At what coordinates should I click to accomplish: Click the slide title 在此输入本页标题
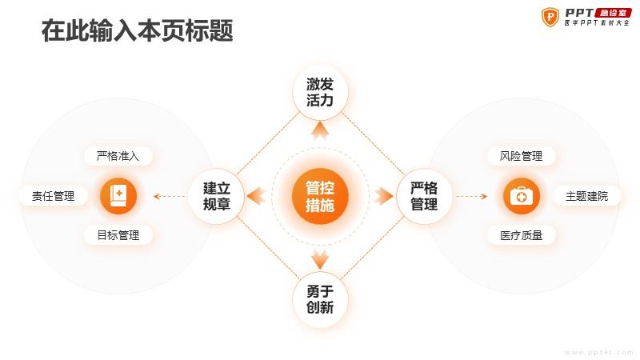(x=137, y=30)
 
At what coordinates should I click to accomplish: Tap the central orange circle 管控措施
(x=320, y=196)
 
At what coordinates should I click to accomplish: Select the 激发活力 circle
(x=320, y=92)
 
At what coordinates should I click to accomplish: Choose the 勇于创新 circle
(x=320, y=299)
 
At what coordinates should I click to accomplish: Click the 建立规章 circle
(x=216, y=196)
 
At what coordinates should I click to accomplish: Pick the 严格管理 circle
(x=424, y=196)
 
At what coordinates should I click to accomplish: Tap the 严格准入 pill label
(x=118, y=156)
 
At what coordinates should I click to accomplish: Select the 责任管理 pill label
(x=53, y=196)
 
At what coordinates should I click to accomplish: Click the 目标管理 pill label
(x=118, y=235)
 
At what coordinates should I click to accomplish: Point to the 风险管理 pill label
(x=522, y=156)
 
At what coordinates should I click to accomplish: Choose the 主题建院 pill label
(x=586, y=196)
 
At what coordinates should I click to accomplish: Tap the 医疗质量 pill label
(x=522, y=235)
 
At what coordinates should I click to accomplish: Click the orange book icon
(x=118, y=196)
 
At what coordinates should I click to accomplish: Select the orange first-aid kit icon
(x=522, y=196)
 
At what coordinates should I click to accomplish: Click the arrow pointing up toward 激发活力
(x=320, y=130)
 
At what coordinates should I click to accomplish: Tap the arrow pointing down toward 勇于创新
(x=320, y=259)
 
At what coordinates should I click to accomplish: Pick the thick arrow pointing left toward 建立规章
(x=257, y=196)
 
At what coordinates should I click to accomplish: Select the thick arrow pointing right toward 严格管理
(x=383, y=196)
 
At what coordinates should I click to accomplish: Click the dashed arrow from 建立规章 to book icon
(x=170, y=196)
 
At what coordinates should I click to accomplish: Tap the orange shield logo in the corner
(x=550, y=17)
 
